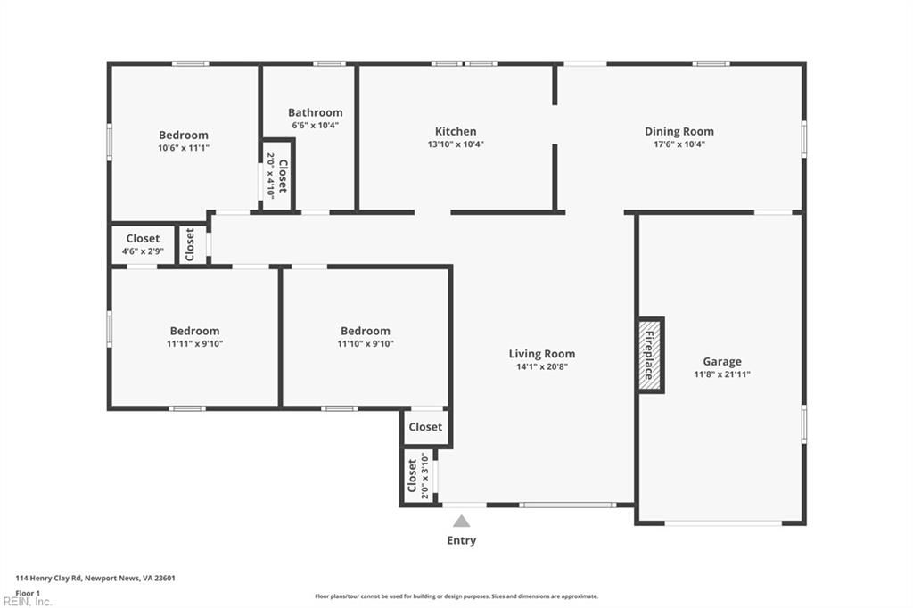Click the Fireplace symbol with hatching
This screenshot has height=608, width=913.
coord(650,355)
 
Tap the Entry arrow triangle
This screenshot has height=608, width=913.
coord(461,522)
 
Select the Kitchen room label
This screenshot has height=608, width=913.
coord(456,131)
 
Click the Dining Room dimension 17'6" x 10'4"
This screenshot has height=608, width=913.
coord(679,144)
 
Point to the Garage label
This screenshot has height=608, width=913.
coord(721,361)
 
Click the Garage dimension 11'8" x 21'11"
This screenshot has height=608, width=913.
coord(721,374)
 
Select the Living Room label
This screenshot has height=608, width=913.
coord(541,354)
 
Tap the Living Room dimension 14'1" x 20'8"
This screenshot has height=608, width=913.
coord(541,367)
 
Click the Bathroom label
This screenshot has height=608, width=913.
coord(315,112)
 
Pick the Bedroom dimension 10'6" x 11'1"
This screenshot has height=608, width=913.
coord(184,148)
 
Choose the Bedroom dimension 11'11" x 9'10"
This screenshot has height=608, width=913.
coord(194,344)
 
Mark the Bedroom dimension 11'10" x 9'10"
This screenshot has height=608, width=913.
coord(365,344)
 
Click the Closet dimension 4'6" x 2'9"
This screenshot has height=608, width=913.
coord(143,251)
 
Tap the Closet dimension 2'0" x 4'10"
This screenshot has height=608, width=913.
coord(271,176)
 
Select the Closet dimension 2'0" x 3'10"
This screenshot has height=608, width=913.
coord(424,476)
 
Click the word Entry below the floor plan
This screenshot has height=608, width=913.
coord(461,540)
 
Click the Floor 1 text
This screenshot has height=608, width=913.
coord(28,592)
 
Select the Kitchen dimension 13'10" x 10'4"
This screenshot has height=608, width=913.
coord(456,144)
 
